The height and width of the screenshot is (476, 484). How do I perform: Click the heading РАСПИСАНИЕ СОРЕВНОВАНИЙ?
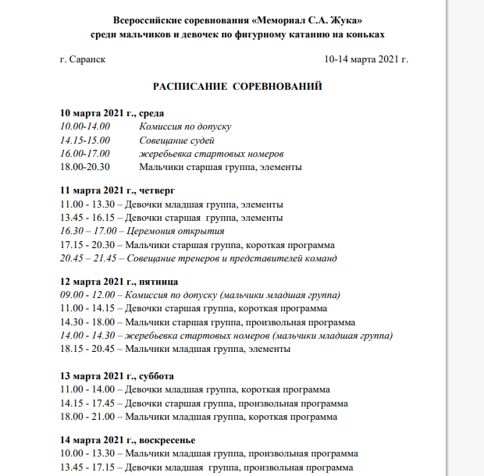coord(238,85)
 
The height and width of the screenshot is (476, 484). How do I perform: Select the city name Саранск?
coord(88,59)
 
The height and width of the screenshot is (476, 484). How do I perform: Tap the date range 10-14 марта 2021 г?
coord(365,59)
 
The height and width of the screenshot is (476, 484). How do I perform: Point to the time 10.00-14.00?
coord(85,126)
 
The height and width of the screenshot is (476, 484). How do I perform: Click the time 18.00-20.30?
coord(85,166)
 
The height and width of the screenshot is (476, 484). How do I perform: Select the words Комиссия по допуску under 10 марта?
coord(185,126)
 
